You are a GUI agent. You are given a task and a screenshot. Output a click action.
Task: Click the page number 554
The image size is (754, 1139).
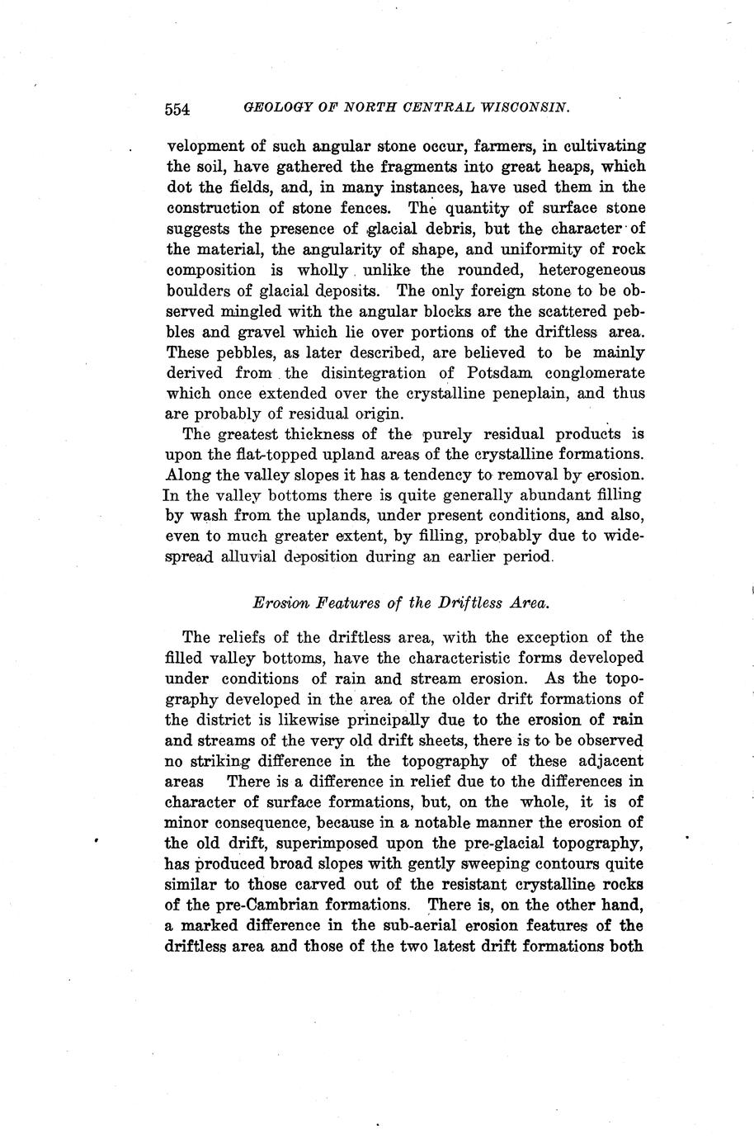(x=178, y=108)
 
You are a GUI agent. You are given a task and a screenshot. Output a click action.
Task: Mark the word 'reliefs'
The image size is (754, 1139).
(x=244, y=637)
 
